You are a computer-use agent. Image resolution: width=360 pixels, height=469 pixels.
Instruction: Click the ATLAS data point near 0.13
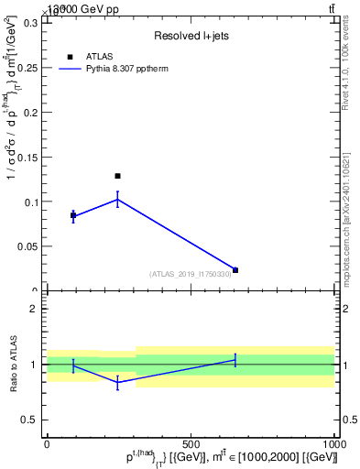click(117, 175)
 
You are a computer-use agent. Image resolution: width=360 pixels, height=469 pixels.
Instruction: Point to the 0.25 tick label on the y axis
click(26, 68)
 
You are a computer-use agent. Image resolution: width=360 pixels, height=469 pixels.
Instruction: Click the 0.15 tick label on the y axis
click(26, 158)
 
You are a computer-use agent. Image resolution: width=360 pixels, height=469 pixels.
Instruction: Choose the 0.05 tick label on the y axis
click(26, 246)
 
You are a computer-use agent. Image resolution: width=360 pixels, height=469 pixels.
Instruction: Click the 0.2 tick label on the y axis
click(28, 113)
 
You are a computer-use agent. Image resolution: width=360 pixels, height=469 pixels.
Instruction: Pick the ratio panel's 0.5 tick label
click(27, 420)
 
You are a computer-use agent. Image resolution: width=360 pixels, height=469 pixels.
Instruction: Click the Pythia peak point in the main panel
click(117, 199)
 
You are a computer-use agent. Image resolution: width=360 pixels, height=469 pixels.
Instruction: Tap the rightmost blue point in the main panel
click(235, 270)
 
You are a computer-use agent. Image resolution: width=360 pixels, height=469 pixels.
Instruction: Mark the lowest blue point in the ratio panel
click(117, 383)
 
